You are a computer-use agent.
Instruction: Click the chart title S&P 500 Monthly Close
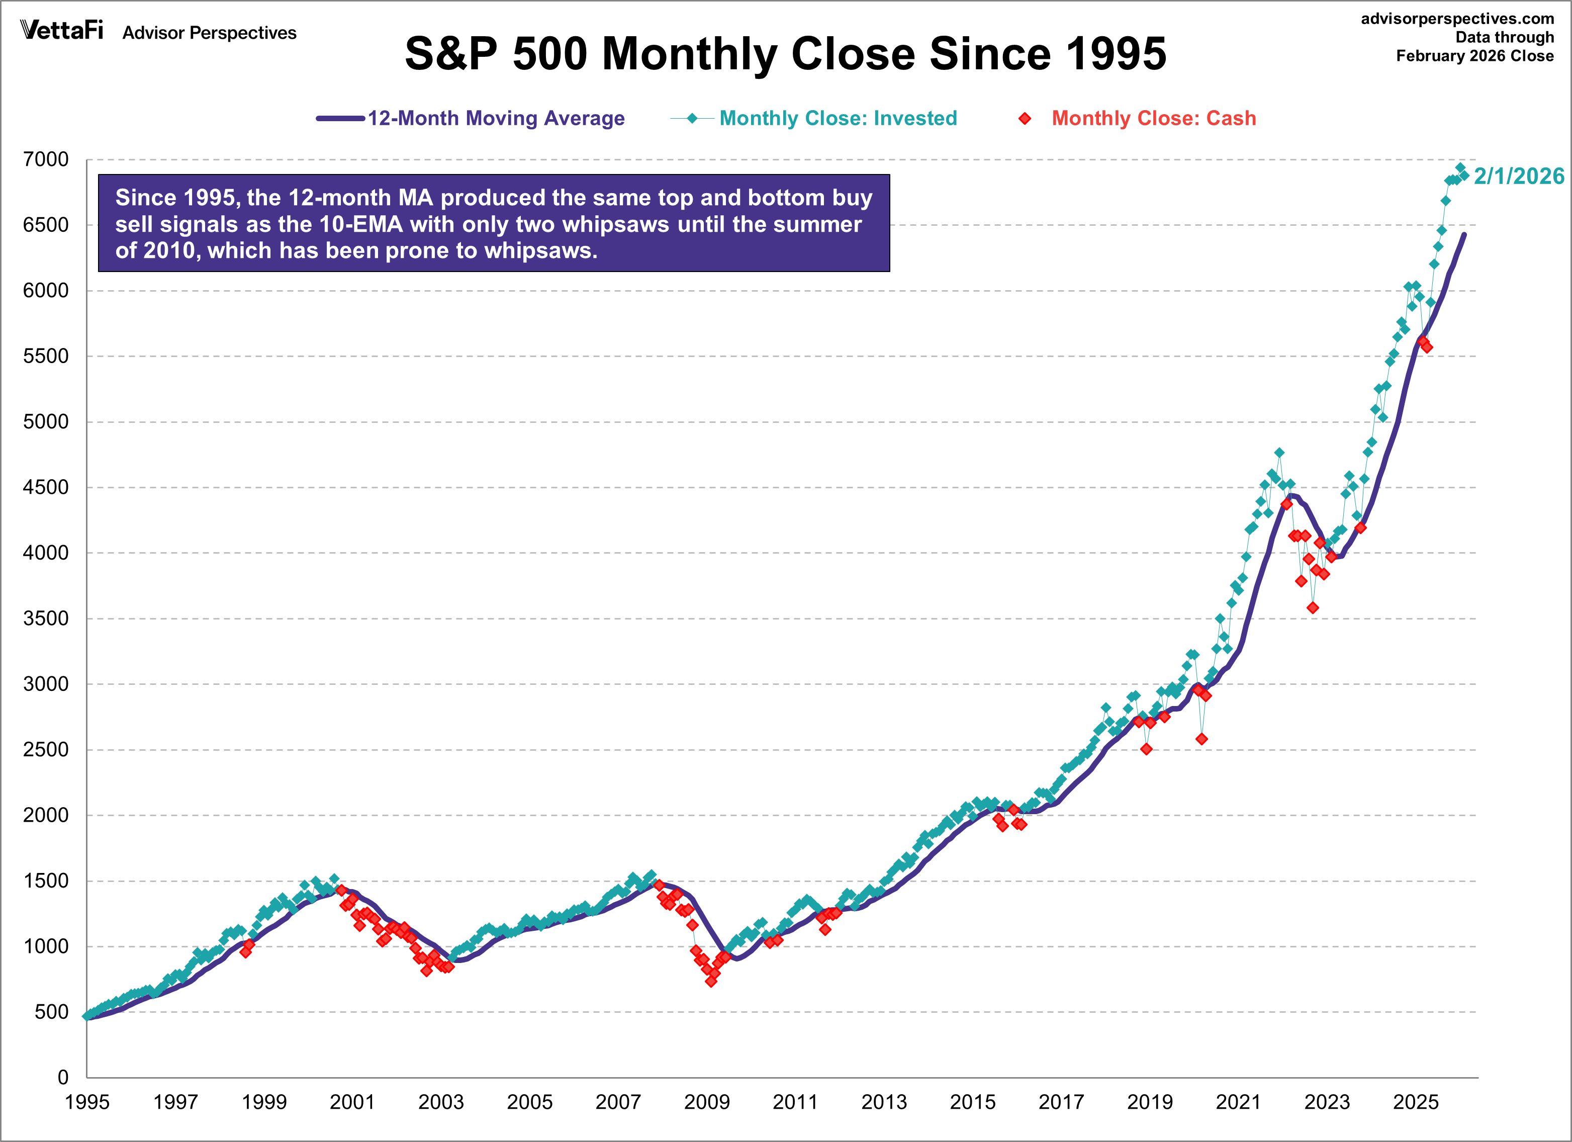[x=785, y=54]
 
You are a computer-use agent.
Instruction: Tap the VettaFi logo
[x=62, y=31]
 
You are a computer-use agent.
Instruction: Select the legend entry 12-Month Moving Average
[x=496, y=119]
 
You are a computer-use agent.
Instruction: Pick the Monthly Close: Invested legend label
[x=838, y=119]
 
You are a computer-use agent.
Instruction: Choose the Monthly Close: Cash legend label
[x=1153, y=119]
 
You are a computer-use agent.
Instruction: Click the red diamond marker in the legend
[x=1025, y=119]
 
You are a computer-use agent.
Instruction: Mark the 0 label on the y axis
[x=62, y=1078]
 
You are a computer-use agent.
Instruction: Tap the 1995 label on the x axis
[x=87, y=1102]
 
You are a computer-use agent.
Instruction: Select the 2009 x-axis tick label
[x=707, y=1102]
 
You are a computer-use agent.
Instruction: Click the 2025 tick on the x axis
[x=1416, y=1102]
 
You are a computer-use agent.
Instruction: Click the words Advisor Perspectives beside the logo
[x=209, y=33]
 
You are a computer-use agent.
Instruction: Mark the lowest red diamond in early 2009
[x=711, y=981]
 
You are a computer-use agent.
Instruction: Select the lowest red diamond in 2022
[x=1313, y=608]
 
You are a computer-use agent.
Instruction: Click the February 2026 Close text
[x=1474, y=56]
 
